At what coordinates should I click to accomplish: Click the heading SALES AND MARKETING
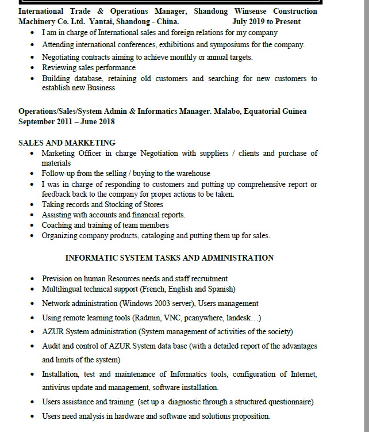pos(67,143)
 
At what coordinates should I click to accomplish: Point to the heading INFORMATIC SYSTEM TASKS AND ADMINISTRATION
pos(170,258)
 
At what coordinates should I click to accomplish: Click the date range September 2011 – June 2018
pos(67,121)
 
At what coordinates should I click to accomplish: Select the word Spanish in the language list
pos(219,289)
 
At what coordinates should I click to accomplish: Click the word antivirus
pos(58,388)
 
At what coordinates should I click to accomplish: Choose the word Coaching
pos(57,225)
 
